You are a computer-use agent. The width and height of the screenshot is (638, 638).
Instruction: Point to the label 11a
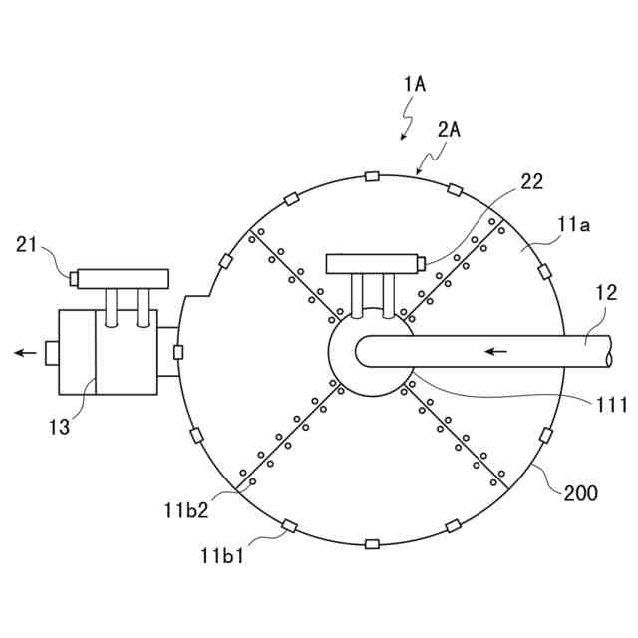[573, 226]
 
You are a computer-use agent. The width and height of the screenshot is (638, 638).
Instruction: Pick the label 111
[610, 405]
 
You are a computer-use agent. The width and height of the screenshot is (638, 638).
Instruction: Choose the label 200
[581, 491]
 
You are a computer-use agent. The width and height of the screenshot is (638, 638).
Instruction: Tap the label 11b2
[186, 510]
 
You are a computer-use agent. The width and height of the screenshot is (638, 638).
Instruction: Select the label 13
[60, 427]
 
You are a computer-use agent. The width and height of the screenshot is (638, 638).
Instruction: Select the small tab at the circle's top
[372, 177]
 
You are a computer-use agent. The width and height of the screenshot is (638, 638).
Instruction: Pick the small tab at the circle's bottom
[372, 544]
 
